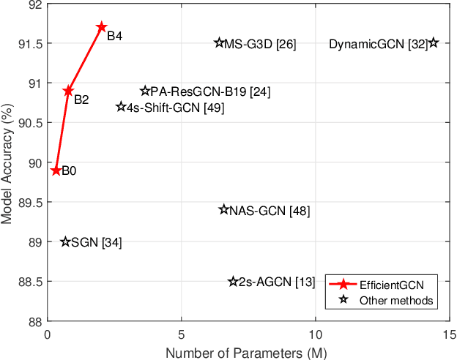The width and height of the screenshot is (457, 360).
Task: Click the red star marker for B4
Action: click(102, 27)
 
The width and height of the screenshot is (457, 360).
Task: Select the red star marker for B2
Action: click(68, 91)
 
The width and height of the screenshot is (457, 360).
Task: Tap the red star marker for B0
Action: click(56, 170)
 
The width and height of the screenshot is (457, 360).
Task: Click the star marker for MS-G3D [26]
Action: click(219, 43)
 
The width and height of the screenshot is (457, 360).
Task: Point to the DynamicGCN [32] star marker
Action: click(434, 43)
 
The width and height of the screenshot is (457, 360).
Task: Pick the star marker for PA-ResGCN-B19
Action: click(144, 91)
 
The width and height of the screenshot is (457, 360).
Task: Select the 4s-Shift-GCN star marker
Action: click(122, 107)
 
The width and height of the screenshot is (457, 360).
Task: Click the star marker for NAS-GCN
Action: click(224, 209)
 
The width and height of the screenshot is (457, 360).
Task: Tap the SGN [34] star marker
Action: click(65, 241)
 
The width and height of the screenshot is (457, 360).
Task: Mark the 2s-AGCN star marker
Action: click(234, 281)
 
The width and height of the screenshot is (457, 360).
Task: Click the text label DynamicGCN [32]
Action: click(377, 44)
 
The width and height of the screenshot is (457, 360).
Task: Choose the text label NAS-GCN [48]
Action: click(270, 211)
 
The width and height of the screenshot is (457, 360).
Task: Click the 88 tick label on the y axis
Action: click(34, 321)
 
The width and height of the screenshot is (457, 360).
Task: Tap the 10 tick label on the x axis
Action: click(315, 333)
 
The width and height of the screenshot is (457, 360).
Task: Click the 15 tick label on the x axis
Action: click(449, 333)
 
